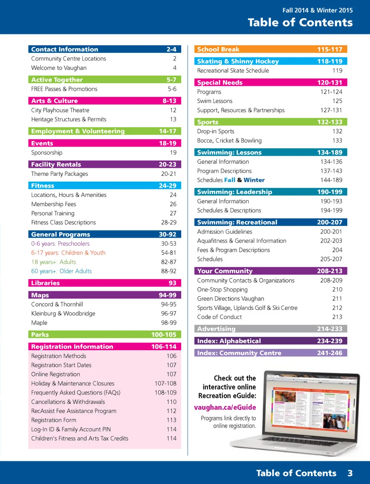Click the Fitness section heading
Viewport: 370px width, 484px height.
click(x=43, y=186)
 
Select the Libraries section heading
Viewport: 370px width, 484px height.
click(x=45, y=283)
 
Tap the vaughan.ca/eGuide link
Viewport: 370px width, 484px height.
click(x=225, y=407)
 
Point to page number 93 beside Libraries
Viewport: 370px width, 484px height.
click(x=172, y=283)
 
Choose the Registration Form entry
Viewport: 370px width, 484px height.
click(x=54, y=420)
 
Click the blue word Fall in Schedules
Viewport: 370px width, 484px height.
click(x=230, y=180)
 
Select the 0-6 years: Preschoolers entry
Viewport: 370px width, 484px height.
click(x=60, y=244)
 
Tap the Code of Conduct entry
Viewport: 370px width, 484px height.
click(x=219, y=317)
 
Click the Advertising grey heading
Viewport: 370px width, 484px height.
click(x=216, y=329)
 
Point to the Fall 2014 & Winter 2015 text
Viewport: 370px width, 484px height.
click(x=317, y=10)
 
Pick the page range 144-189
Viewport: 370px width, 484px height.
click(x=331, y=180)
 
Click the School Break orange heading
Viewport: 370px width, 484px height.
click(x=218, y=49)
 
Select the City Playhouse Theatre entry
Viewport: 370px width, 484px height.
click(x=60, y=110)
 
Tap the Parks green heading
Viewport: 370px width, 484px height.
click(x=40, y=335)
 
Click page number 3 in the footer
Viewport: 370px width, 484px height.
click(x=350, y=473)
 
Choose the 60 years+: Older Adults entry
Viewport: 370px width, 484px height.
click(x=61, y=271)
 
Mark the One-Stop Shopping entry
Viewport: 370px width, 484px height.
click(x=222, y=290)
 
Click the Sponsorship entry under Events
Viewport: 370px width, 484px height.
click(x=47, y=153)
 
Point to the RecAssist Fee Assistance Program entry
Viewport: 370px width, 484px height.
click(x=74, y=411)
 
